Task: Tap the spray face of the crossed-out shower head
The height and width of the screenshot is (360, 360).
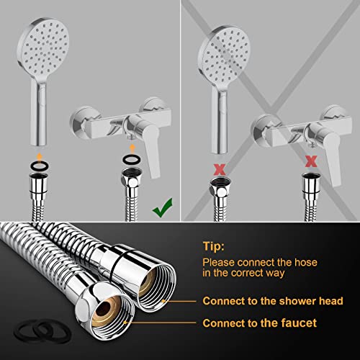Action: [x=222, y=45]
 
